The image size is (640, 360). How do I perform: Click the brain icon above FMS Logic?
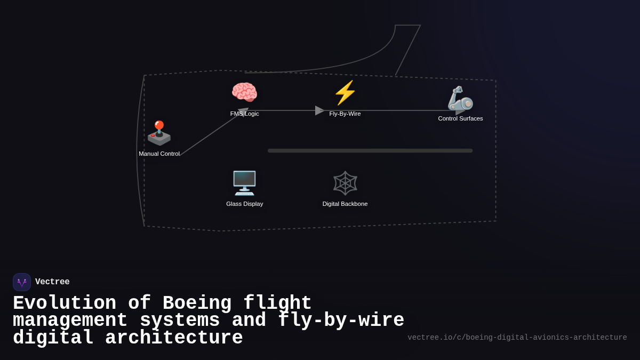point(244,93)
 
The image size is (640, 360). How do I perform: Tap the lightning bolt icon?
point(345,93)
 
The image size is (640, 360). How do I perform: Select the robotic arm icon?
point(460,99)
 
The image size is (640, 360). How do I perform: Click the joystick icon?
point(159,133)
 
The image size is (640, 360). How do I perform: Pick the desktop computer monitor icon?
point(244,183)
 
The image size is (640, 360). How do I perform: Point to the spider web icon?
point(345,183)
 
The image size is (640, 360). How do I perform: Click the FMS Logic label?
point(244,114)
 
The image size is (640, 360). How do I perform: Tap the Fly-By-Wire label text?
point(345,114)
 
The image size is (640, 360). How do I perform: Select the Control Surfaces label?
point(460,118)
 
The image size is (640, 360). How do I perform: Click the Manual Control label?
point(159,154)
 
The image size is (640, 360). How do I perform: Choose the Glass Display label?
point(244,204)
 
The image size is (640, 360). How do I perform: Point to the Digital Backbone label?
point(345,204)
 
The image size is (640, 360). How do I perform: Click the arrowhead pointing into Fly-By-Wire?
point(319,110)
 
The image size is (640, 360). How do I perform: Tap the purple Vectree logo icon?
point(22,282)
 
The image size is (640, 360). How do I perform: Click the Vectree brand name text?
point(52,282)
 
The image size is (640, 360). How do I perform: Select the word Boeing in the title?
point(197,303)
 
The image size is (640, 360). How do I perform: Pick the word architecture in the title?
point(174,338)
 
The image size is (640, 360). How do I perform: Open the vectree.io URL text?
point(517,338)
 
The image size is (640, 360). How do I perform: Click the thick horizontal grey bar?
point(370,151)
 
